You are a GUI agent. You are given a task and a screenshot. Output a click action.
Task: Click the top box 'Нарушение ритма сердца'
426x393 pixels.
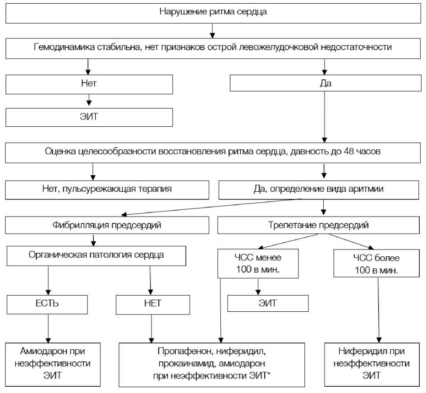pyautogui.click(x=213, y=12)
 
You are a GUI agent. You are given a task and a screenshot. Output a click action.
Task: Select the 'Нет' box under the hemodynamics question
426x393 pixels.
pyautogui.click(x=89, y=83)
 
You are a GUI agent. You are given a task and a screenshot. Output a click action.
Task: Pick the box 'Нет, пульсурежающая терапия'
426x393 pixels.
pyautogui.click(x=107, y=189)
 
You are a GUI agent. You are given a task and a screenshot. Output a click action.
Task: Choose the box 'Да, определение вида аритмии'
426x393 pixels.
pyautogui.click(x=319, y=189)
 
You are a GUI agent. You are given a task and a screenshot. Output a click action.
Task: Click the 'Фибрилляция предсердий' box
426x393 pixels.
pyautogui.click(x=107, y=225)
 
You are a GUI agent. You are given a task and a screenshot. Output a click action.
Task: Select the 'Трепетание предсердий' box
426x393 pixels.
pyautogui.click(x=319, y=225)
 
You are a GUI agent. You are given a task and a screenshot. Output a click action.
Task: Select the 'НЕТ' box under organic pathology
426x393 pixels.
pyautogui.click(x=151, y=303)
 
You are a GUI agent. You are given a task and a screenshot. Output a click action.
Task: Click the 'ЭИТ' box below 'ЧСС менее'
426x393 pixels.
pyautogui.click(x=268, y=303)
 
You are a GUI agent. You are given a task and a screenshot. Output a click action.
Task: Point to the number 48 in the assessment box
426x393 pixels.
pyautogui.click(x=348, y=152)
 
